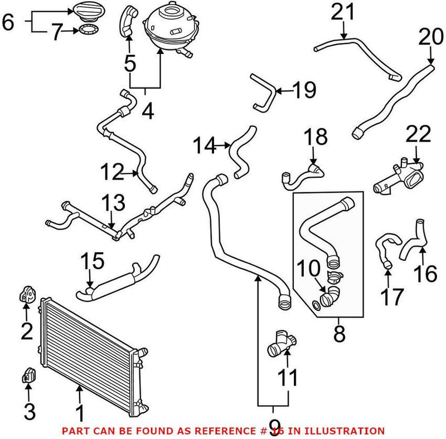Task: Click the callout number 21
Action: pos(342,12)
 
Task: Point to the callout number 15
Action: pos(93,260)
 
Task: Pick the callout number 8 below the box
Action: pos(340,334)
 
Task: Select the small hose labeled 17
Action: pos(385,251)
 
